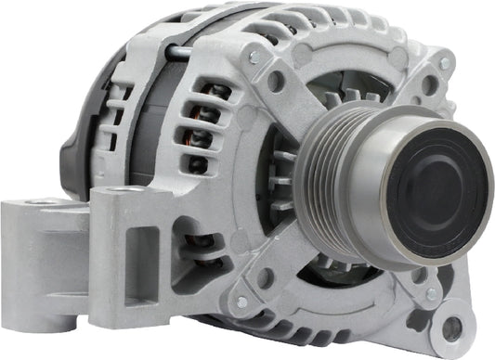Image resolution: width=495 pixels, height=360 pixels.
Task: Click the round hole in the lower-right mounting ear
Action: (x=452, y=328)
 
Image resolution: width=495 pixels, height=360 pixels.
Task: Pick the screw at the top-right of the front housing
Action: (x=445, y=64)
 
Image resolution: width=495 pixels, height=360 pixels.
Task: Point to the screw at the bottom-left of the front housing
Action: (x=242, y=302)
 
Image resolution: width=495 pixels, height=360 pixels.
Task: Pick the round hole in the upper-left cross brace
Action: (x=276, y=81)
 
